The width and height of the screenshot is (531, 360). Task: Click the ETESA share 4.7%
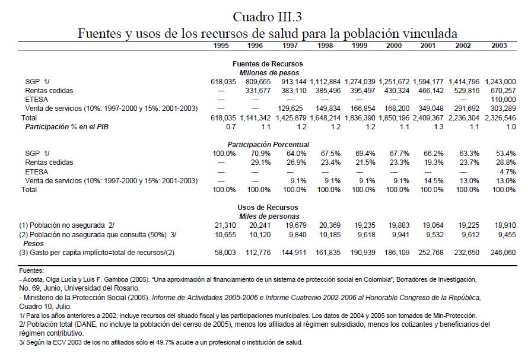click(x=507, y=171)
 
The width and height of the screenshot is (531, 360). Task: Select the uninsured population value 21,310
click(x=225, y=225)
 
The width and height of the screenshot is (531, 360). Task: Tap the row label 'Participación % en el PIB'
click(x=66, y=127)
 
